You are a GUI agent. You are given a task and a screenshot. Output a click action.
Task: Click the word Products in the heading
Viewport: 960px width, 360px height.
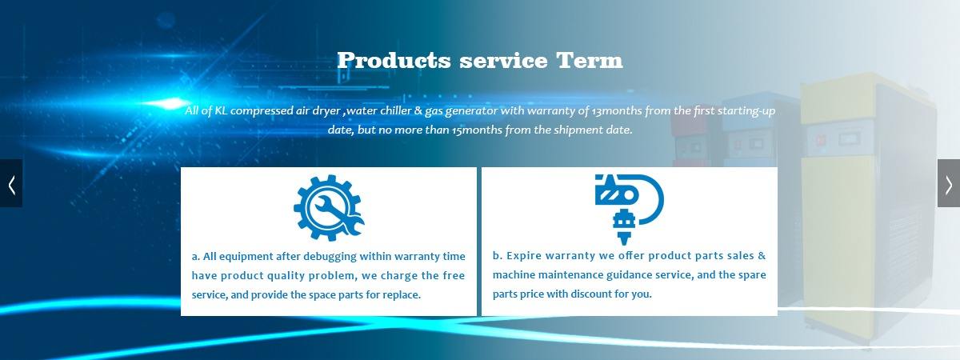coord(394,61)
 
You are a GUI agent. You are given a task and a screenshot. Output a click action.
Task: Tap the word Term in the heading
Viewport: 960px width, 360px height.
coord(590,61)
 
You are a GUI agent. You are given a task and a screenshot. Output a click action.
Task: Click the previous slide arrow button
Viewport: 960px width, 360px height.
coord(11,183)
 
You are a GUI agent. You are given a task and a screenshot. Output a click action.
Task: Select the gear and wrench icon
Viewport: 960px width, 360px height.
coord(329,207)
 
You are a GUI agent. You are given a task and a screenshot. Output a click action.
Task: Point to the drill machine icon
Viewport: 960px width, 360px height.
coord(629,209)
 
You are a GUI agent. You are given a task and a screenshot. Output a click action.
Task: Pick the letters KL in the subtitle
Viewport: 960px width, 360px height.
coord(221,110)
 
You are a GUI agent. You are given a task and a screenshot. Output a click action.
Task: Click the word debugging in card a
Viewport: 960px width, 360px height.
coord(330,257)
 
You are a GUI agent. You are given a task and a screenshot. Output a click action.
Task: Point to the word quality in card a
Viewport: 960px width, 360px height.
coord(285,276)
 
